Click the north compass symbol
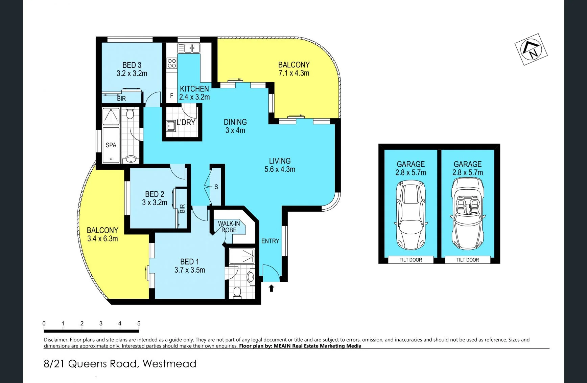531,49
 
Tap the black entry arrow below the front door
271,288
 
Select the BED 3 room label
132,65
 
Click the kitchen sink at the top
189,48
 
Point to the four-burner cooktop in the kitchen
172,63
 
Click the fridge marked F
171,96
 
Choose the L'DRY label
186,122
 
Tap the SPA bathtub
111,145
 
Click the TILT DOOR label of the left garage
411,260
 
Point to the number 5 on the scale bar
139,323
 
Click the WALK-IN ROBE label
229,227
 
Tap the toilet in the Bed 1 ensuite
237,292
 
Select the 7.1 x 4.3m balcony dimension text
294,73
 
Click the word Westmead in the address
169,364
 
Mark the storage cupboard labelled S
216,187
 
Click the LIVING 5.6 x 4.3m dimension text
280,169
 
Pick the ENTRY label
270,241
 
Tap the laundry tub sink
171,126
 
